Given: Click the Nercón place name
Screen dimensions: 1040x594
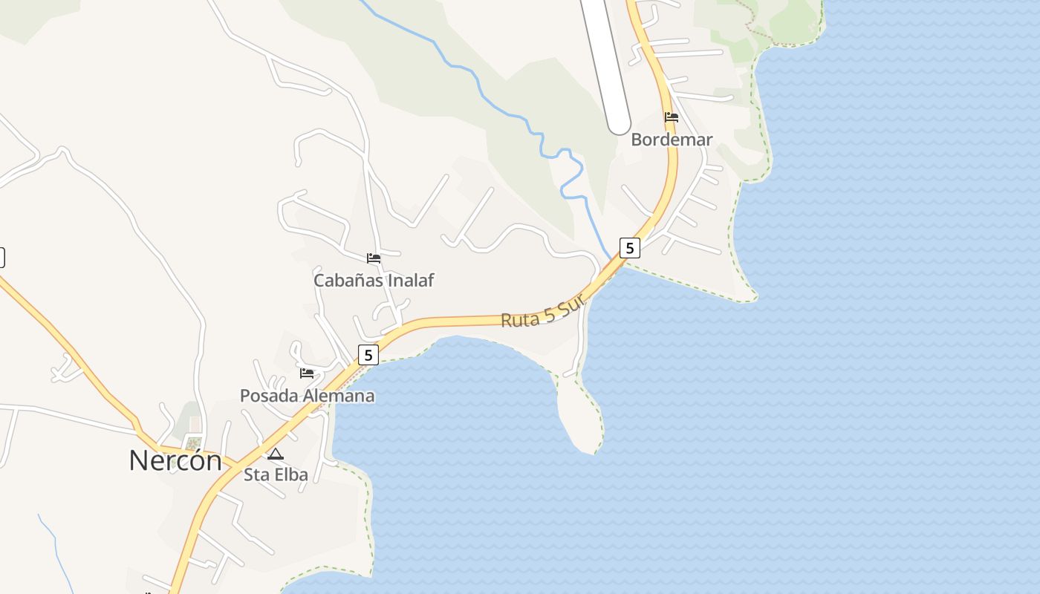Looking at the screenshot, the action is [x=175, y=460].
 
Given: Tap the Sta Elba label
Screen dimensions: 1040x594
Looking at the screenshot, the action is [x=276, y=474].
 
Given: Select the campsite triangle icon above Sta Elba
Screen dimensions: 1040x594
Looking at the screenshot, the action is [x=276, y=454].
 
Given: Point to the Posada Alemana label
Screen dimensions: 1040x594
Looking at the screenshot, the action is [x=307, y=396].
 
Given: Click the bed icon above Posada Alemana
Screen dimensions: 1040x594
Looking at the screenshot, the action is [x=307, y=373].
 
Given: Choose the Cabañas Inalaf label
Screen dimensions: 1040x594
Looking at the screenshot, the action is [x=374, y=280].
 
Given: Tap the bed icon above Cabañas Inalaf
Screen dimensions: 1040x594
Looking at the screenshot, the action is [x=374, y=258].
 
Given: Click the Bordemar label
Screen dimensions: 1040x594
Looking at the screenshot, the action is [x=672, y=140].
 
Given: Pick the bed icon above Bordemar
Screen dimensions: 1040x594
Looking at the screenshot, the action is [x=672, y=117].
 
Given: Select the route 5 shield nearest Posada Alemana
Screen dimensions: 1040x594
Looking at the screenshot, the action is [x=368, y=355].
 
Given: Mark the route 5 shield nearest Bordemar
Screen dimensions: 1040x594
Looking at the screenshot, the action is [x=629, y=248].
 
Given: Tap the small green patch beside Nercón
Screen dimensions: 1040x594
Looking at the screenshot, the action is [x=193, y=444].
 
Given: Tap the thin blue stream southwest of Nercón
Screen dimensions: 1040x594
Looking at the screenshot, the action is [x=56, y=549].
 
